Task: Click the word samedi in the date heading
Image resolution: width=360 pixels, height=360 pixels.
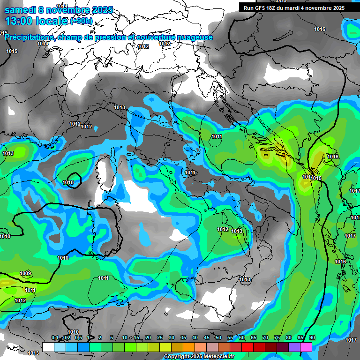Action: click(x=19, y=10)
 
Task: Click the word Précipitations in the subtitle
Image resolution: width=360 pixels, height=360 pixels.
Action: click(x=29, y=37)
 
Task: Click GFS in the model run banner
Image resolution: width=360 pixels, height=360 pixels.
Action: click(x=261, y=8)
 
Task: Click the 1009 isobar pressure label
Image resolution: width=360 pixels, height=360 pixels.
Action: click(x=25, y=274)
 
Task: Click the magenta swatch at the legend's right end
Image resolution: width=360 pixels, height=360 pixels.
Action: click(x=306, y=347)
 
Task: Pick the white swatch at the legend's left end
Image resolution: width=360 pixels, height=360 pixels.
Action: click(x=48, y=347)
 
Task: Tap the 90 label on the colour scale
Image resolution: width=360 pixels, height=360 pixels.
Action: click(x=312, y=338)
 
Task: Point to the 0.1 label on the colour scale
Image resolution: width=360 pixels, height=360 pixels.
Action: click(x=55, y=338)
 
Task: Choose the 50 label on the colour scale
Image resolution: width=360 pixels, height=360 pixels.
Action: click(x=218, y=338)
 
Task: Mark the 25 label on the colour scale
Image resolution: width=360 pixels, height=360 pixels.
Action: click(x=160, y=338)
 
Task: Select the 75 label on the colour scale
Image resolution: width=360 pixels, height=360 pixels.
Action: click(x=277, y=338)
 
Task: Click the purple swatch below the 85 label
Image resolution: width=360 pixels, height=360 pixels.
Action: click(x=294, y=347)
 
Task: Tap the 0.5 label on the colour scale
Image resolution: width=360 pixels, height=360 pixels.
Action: click(x=78, y=338)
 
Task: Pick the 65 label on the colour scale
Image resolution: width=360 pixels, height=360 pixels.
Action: click(x=254, y=338)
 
